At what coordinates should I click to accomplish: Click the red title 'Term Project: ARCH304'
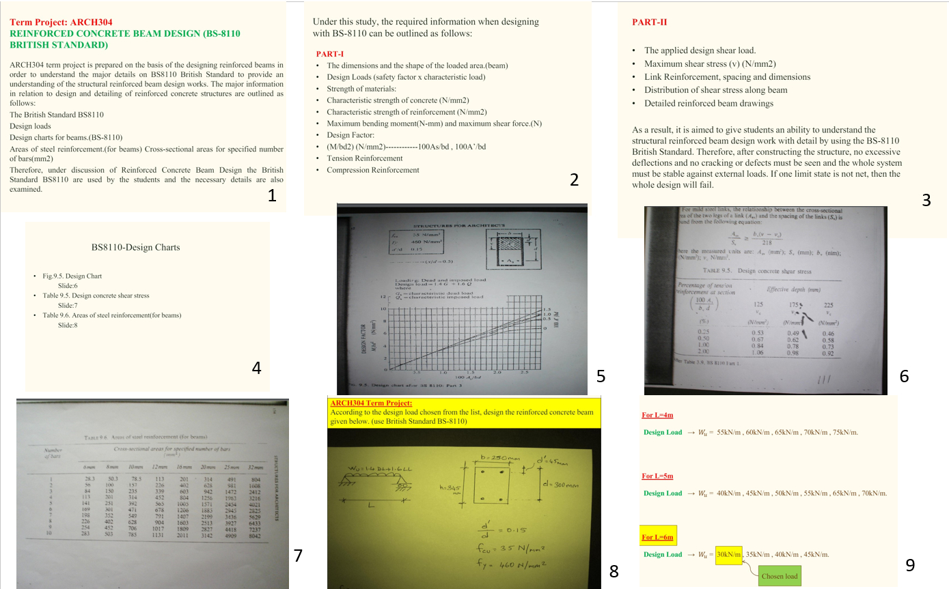(61, 22)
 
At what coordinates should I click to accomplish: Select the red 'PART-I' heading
(330, 53)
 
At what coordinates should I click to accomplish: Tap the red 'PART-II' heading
(650, 22)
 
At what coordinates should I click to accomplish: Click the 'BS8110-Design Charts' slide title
(135, 247)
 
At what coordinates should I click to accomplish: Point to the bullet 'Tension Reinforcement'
(364, 158)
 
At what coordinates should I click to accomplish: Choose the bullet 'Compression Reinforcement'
(372, 170)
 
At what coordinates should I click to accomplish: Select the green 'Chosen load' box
(779, 576)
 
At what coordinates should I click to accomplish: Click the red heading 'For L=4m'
(657, 415)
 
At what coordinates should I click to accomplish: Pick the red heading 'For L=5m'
(657, 476)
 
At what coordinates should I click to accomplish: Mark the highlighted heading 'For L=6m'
(657, 537)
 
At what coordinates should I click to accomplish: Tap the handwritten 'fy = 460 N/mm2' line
(516, 564)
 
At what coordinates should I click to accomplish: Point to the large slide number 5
(601, 376)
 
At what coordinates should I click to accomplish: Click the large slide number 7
(298, 556)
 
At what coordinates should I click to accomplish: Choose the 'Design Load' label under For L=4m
(663, 432)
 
